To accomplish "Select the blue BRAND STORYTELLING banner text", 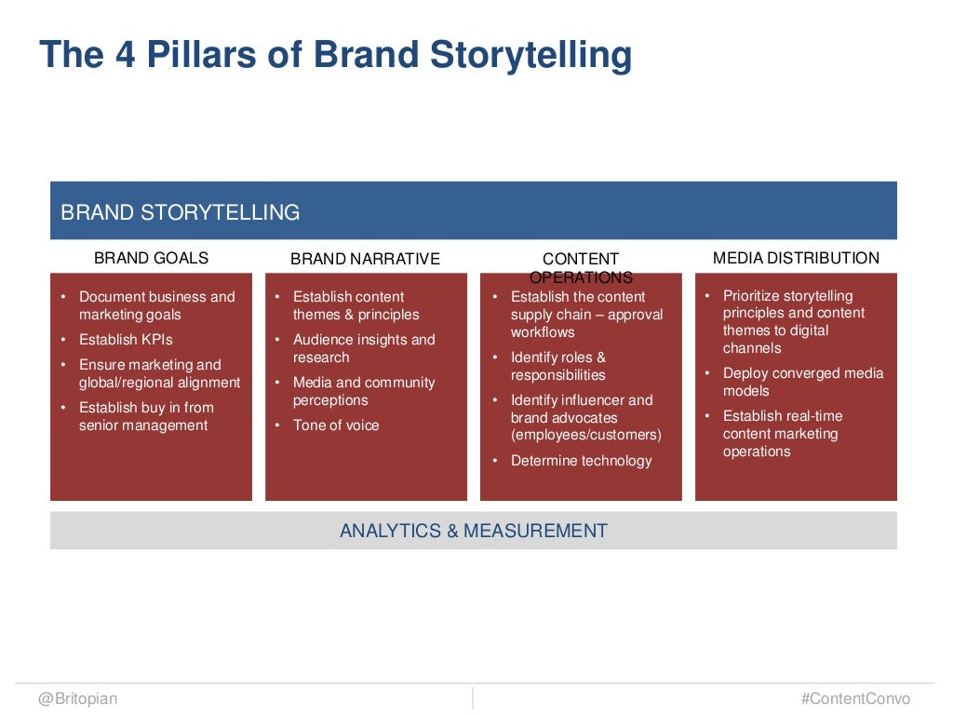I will (x=180, y=212).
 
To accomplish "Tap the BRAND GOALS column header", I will (x=151, y=258).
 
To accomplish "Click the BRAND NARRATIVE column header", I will (x=365, y=259).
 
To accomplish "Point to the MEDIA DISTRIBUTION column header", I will (x=796, y=258).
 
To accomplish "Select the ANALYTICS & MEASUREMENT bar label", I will (x=473, y=531).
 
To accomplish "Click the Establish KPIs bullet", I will (x=126, y=340).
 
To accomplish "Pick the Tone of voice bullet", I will (x=336, y=425).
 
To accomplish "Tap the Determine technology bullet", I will (x=581, y=461).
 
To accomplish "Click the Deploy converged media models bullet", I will (x=802, y=382).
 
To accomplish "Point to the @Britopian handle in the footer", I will (x=78, y=698).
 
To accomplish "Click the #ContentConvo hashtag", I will (x=855, y=698).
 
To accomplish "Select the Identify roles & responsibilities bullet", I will (x=558, y=366).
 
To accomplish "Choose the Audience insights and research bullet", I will (x=363, y=348).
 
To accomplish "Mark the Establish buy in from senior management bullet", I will (x=145, y=416).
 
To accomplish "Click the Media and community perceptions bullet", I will (x=363, y=391).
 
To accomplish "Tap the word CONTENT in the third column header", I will (x=581, y=259).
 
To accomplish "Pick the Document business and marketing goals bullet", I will (x=156, y=305).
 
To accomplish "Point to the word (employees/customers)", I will (x=585, y=435).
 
